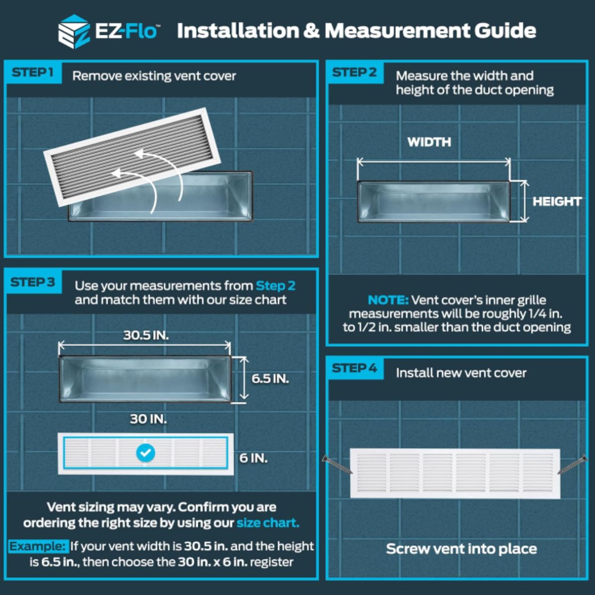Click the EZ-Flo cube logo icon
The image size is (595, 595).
[x=74, y=32]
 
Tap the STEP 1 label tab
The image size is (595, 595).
[x=33, y=72]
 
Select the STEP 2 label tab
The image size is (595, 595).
[x=355, y=72]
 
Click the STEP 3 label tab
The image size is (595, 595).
[x=33, y=282]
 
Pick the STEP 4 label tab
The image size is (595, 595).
[x=355, y=368]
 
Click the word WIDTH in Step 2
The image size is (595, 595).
[x=429, y=142]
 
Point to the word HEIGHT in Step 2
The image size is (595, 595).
[x=557, y=201]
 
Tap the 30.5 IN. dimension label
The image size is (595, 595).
[x=146, y=335]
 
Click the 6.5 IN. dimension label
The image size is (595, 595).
[x=270, y=378]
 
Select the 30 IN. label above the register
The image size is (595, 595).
[x=149, y=419]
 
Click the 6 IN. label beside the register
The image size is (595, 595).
[x=253, y=458]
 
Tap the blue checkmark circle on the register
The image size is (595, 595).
[x=146, y=453]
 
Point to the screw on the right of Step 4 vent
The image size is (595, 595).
[x=572, y=465]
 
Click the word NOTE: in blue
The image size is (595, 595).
[x=388, y=300]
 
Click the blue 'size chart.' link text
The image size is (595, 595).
[x=268, y=523]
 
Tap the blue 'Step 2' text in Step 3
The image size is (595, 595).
[x=275, y=286]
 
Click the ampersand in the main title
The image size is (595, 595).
[x=312, y=31]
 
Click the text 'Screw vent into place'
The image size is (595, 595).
[x=461, y=549]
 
